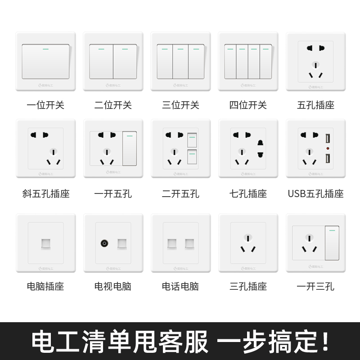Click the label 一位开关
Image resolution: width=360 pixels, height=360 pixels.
(45, 105)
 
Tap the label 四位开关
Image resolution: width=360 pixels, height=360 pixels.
(248, 105)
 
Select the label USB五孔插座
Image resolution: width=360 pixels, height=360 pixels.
(315, 194)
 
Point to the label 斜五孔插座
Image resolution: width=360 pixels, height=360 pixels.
(45, 194)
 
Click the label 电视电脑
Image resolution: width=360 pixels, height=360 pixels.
(113, 286)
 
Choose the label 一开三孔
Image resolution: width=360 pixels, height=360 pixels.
(315, 286)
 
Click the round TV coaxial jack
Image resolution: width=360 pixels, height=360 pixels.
(104, 243)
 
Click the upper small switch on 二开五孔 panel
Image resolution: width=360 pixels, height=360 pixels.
(192, 140)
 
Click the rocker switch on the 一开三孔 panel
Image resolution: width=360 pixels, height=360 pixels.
(332, 243)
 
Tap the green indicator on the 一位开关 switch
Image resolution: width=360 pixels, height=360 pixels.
(45, 49)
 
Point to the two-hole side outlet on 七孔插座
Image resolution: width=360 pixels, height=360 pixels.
(260, 148)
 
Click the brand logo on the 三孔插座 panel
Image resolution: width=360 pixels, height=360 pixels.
(248, 268)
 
